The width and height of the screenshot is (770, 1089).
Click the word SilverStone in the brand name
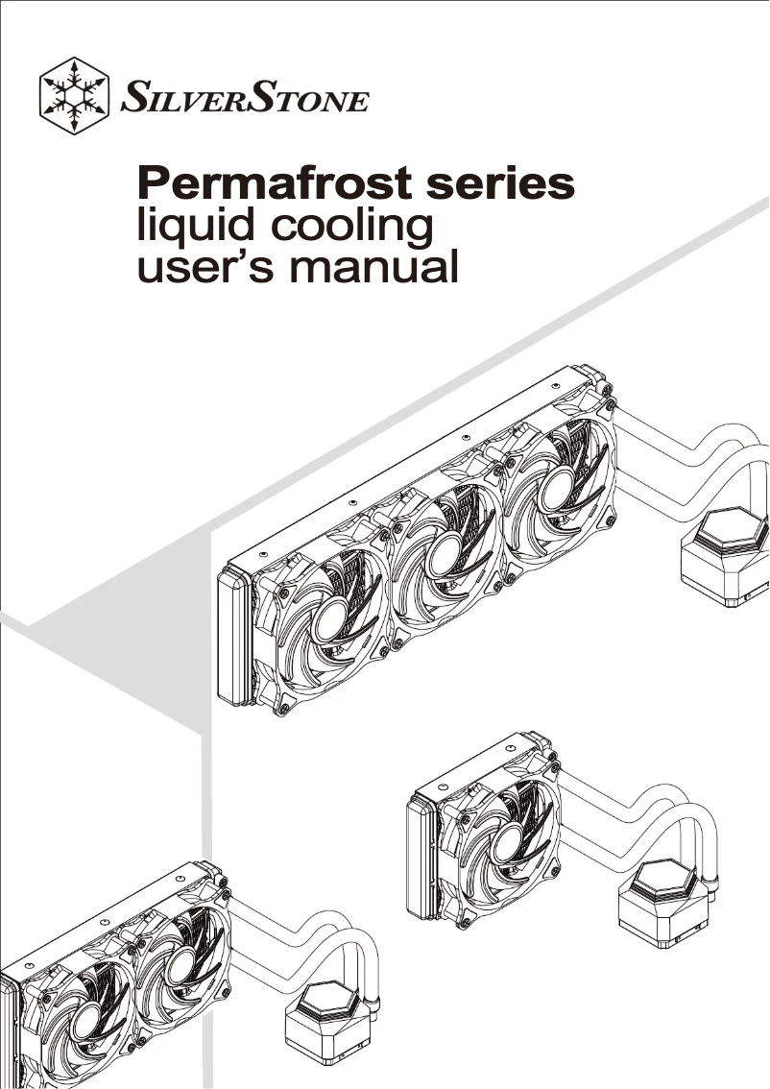tap(245, 98)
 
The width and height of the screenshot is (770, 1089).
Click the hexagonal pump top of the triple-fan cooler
tap(731, 528)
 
